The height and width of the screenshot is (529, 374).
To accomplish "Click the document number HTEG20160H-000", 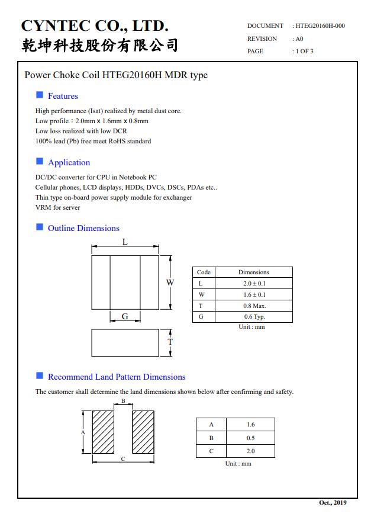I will point(320,26).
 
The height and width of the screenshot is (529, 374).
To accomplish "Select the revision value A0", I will point(299,39).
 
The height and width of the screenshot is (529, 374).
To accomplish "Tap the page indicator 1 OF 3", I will point(304,52).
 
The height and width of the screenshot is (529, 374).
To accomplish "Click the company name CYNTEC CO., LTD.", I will point(95,26).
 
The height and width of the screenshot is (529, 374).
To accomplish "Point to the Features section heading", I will point(63,96).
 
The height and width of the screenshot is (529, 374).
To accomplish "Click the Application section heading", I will point(69,162).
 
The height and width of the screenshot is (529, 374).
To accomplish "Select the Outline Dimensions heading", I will point(83,228).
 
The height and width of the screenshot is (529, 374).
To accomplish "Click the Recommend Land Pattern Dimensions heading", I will point(117,377).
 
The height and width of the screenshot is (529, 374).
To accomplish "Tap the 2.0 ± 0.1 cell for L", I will point(254,283).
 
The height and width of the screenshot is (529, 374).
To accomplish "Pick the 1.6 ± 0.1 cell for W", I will point(254,294).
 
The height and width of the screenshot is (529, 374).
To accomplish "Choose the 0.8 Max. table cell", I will point(254,306).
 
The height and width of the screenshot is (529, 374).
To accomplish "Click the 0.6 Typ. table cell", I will point(254,317).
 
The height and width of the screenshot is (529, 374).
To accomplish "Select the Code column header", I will point(204,272).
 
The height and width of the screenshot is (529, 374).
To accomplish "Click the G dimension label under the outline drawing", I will point(125,317).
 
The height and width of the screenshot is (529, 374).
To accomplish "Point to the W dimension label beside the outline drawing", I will point(170,283).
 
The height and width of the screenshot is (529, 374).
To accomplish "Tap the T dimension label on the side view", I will point(170,342).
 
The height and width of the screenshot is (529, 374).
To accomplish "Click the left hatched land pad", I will point(103,432).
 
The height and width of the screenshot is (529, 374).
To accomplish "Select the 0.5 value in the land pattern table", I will point(251,438).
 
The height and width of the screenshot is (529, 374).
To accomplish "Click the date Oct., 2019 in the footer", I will point(333,502).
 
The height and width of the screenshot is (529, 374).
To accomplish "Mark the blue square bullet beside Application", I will point(40,161).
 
